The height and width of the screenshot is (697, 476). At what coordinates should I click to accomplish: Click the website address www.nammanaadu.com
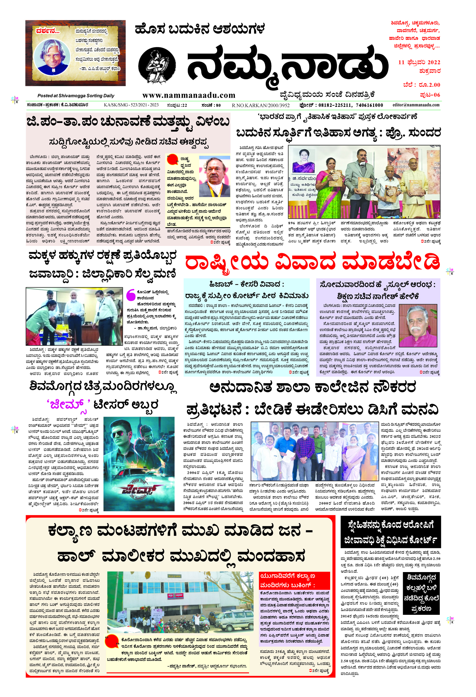189,95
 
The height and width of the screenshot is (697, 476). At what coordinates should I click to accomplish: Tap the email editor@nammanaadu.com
416,105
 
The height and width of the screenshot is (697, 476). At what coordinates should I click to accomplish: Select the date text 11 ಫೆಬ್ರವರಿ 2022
419,62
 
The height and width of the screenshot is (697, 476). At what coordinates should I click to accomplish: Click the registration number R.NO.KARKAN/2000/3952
261,105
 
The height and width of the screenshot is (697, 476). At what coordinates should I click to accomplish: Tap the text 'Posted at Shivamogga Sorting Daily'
76,96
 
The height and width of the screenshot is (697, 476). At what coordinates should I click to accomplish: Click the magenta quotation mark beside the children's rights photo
131,295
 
